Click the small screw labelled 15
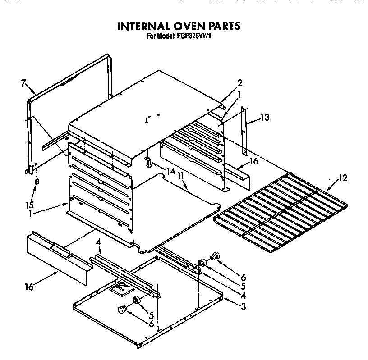point(37,181)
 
